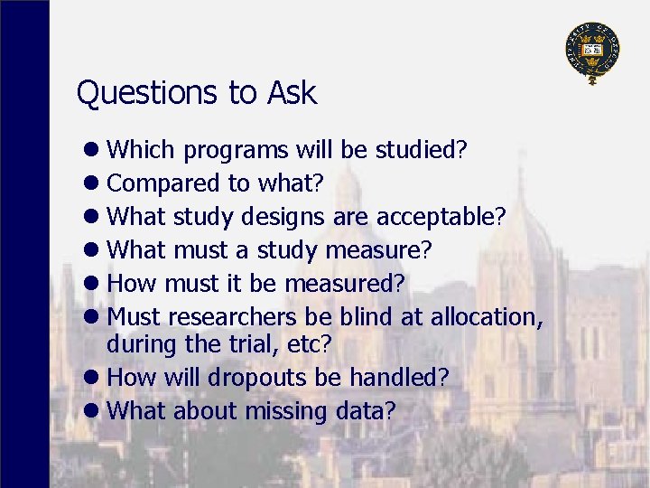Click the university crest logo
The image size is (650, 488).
pos(592,52)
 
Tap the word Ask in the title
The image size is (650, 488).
pos(292,93)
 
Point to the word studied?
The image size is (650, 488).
pos(423,149)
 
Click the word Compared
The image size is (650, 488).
pos(163,183)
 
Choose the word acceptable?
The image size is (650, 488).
pos(441,217)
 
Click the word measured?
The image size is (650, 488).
pos(344,284)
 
